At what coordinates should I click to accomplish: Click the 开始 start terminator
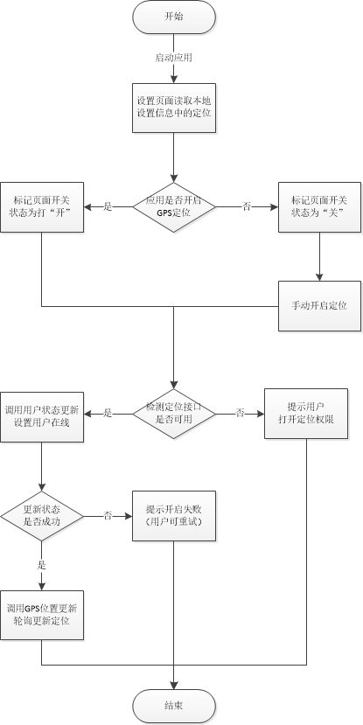(174, 17)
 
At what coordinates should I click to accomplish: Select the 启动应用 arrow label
(173, 58)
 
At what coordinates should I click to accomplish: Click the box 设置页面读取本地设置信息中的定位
(174, 108)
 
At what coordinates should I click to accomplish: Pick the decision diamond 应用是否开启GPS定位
(174, 206)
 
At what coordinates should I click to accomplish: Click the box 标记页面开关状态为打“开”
(42, 208)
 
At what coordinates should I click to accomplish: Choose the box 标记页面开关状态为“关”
(318, 208)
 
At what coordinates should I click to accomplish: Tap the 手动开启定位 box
(318, 306)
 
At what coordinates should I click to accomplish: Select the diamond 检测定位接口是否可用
(174, 413)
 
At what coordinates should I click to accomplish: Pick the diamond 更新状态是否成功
(42, 516)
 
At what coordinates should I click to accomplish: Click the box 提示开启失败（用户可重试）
(174, 515)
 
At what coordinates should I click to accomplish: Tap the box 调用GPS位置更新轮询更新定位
(42, 614)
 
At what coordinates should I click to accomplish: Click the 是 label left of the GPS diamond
(108, 206)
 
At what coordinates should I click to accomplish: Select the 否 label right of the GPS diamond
(246, 206)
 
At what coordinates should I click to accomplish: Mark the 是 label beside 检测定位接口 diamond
(108, 413)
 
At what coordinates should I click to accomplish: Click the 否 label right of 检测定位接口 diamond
(239, 413)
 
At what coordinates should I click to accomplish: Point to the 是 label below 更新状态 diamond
(42, 565)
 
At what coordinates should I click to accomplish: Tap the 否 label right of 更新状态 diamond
(108, 516)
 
